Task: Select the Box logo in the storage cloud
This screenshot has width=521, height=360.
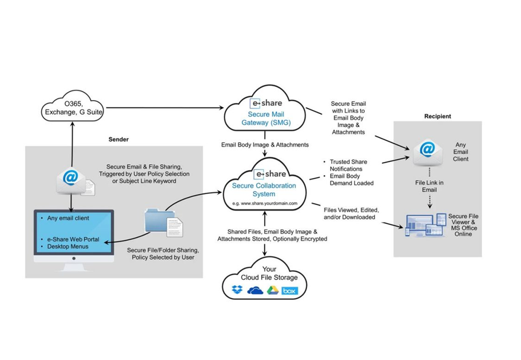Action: (289, 291)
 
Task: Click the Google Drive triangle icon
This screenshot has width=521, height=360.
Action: (272, 291)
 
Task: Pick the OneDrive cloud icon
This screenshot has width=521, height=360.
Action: (254, 291)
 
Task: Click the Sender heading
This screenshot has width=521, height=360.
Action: (118, 139)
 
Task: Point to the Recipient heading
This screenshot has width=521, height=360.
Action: (438, 116)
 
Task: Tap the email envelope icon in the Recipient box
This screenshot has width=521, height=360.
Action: (427, 152)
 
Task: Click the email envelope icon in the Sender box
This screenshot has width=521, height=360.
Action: (71, 180)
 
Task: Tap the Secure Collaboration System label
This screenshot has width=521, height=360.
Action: (264, 189)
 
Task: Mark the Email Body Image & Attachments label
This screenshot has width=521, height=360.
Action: (265, 145)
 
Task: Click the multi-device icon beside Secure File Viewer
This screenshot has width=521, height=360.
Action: (426, 226)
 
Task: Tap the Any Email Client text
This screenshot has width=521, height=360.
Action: (462, 152)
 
